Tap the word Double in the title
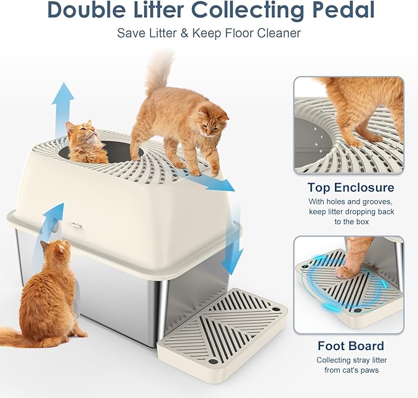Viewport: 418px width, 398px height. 84,10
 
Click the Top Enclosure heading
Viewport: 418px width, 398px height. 351,187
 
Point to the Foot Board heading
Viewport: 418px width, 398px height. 350,345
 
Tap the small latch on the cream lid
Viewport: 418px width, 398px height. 77,225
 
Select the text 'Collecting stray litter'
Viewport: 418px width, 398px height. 352,360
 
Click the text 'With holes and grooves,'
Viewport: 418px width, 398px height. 351,201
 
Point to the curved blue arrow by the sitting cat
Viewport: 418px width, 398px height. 49,224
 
